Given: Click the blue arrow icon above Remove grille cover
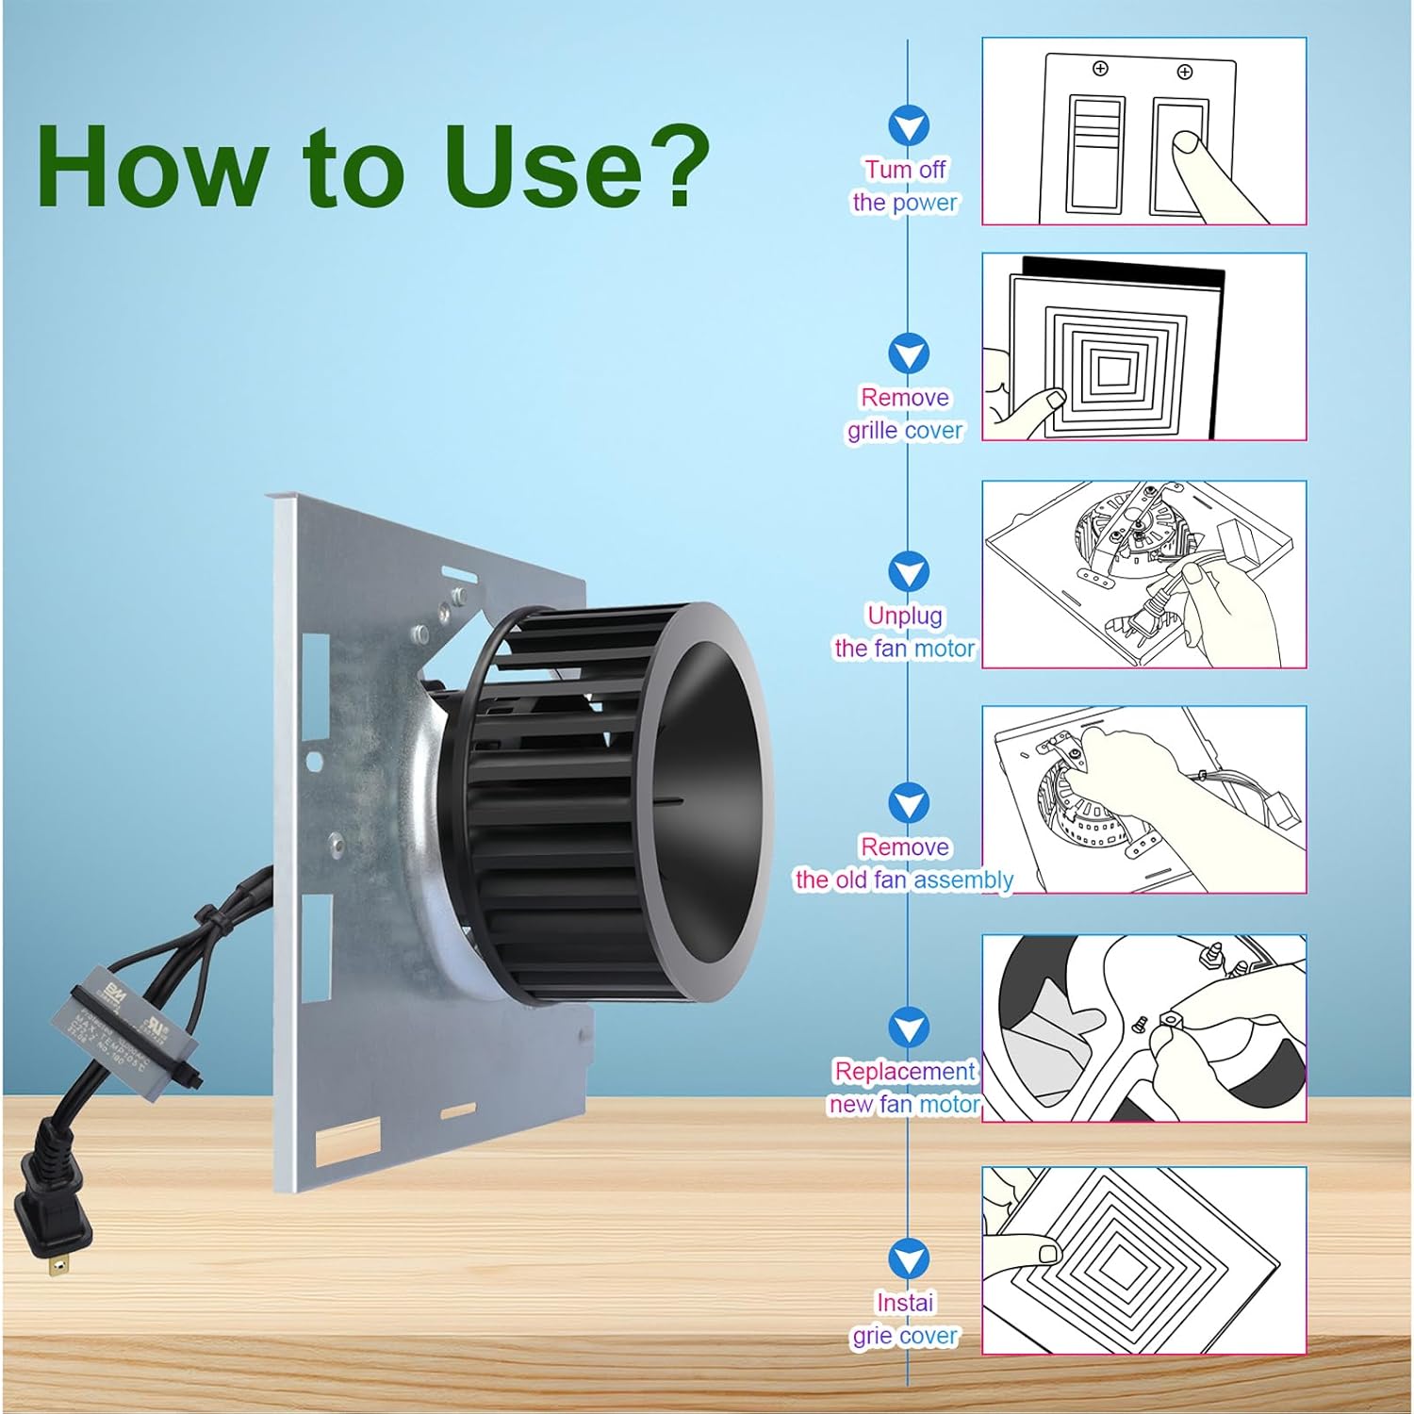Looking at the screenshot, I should coord(909,354).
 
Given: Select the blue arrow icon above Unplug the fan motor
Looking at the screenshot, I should coord(909,572).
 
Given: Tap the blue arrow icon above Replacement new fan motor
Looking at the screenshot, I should coord(909,1028).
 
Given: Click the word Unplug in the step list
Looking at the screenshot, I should coord(904,616).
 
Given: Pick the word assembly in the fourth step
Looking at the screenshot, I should coord(963,880).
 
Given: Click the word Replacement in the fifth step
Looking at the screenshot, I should coord(904,1072).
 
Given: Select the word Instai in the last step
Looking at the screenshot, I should coord(904,1303).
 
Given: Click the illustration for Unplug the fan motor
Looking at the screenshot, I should coord(1143,574).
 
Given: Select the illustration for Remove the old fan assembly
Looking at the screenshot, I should coord(1143,799).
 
